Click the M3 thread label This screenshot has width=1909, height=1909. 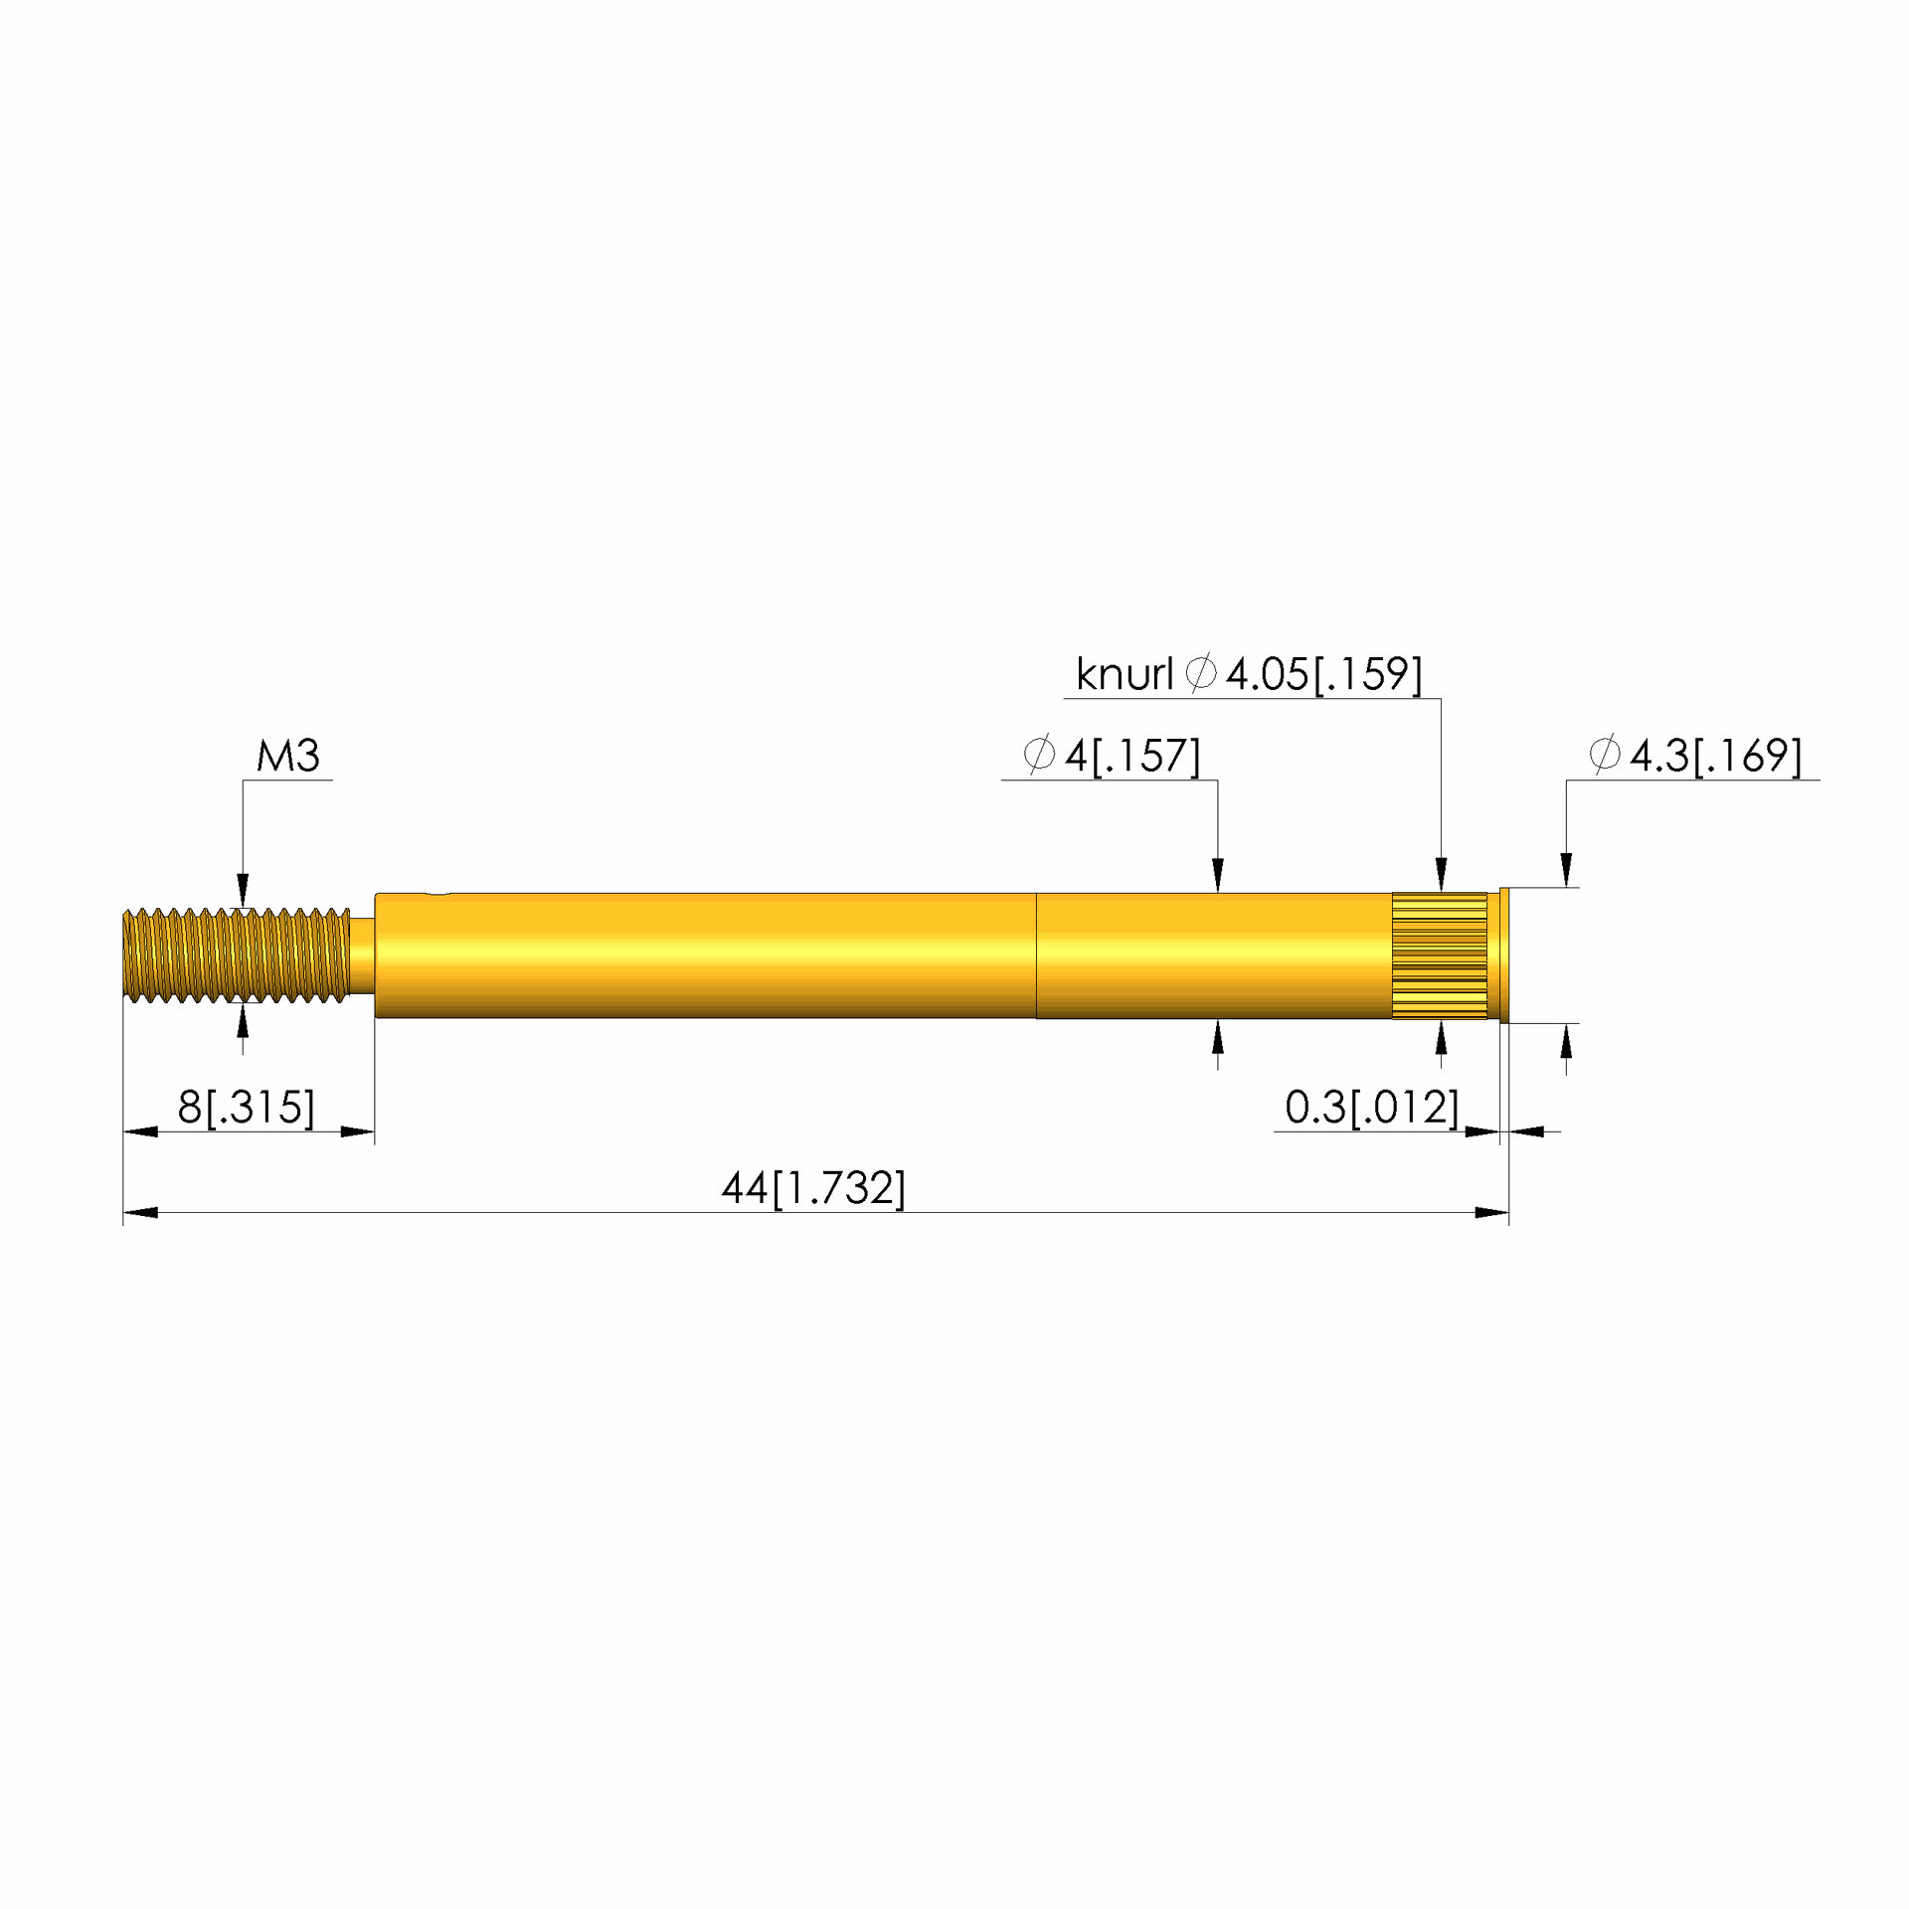(288, 756)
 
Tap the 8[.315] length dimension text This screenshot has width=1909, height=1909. (246, 1107)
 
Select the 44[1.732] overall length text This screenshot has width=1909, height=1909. (813, 1188)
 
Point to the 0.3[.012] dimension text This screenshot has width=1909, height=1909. (1372, 1107)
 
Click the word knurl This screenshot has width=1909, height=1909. (1125, 674)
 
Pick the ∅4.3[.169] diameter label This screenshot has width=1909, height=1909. (1695, 756)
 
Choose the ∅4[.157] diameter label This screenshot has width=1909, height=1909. (1112, 756)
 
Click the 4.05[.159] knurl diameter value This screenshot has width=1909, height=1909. (1323, 674)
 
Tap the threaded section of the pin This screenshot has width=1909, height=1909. (237, 954)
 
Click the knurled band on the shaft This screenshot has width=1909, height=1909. (1439, 955)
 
